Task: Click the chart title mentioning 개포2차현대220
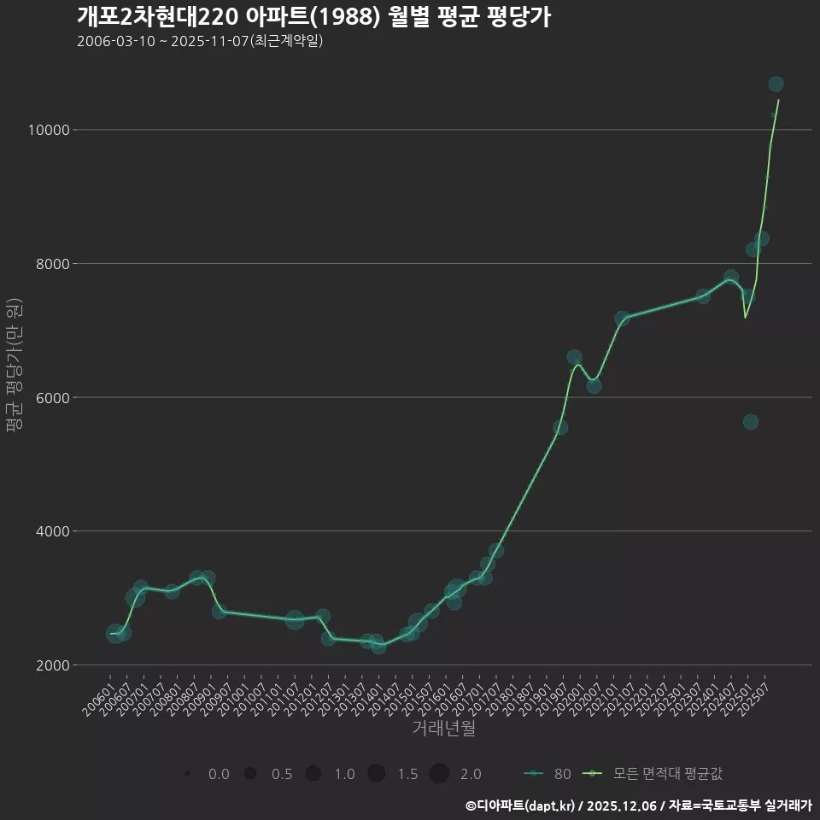(313, 17)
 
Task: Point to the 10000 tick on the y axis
(50, 130)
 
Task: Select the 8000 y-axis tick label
(53, 264)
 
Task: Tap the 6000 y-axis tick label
(53, 398)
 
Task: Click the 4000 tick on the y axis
(53, 531)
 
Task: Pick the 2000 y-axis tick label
(53, 665)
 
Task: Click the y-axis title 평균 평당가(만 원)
(13, 366)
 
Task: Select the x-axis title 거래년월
(444, 729)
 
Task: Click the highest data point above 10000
(776, 84)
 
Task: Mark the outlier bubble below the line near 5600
(750, 422)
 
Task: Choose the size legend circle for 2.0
(439, 774)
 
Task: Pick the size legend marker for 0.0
(187, 774)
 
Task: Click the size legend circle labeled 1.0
(313, 774)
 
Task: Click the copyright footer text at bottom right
(638, 805)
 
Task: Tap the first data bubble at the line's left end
(114, 634)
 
